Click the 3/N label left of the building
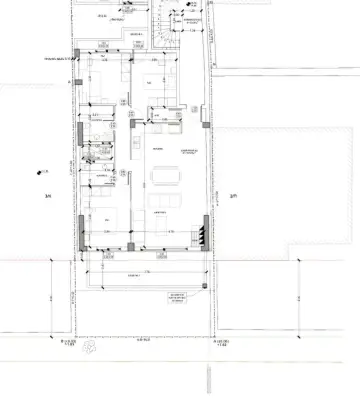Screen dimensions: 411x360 tap(47, 195)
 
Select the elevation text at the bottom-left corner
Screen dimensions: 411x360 tap(68, 346)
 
